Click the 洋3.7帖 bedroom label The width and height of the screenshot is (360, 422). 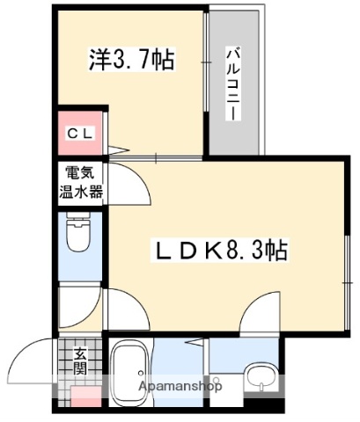coord(130,60)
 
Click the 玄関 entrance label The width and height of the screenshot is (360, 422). coord(80,360)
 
